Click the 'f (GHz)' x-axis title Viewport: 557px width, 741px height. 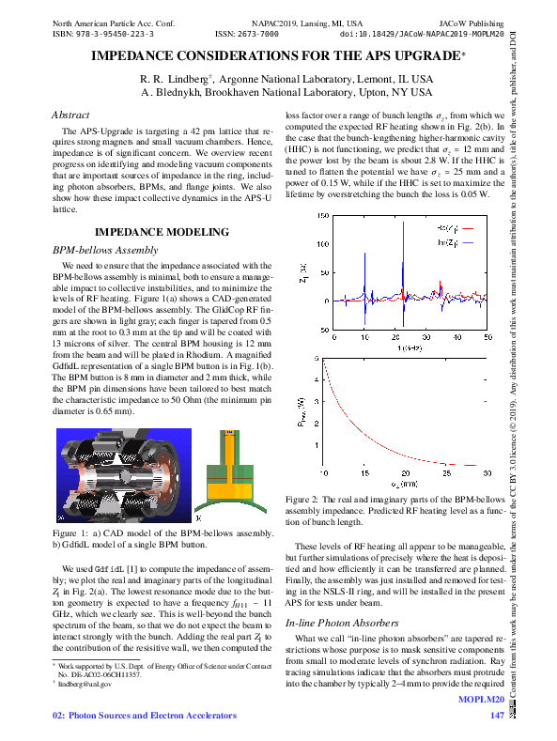[x=407, y=348]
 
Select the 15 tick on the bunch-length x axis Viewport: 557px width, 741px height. [x=365, y=474]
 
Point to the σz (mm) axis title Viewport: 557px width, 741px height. [x=407, y=485]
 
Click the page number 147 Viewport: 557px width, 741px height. [x=498, y=718]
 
